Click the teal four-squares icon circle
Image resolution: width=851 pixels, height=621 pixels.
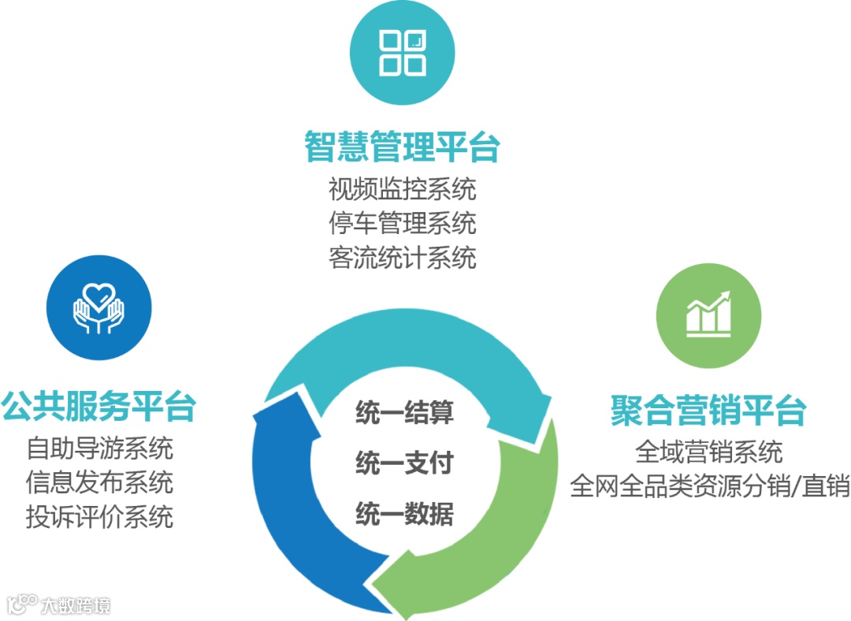pyautogui.click(x=402, y=52)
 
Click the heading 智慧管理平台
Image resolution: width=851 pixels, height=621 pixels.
pyautogui.click(x=402, y=147)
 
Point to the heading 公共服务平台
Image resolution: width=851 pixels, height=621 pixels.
pyautogui.click(x=98, y=407)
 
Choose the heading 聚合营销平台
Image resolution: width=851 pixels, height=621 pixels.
pyautogui.click(x=708, y=411)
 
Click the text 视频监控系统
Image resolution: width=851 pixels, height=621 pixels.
pyautogui.click(x=402, y=190)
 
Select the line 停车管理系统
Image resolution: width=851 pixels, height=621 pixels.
pyautogui.click(x=402, y=223)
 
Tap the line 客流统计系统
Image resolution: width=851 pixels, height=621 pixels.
pyautogui.click(x=402, y=257)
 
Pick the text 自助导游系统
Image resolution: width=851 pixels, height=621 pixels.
pyautogui.click(x=99, y=448)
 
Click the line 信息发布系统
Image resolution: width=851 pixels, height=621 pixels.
pyautogui.click(x=99, y=482)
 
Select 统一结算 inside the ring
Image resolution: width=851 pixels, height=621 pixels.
pyautogui.click(x=404, y=412)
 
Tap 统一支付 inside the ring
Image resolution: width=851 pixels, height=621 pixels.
pyautogui.click(x=404, y=463)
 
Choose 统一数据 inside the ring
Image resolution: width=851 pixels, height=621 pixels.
pyautogui.click(x=404, y=514)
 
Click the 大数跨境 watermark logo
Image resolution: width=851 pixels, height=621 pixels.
pyautogui.click(x=59, y=604)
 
